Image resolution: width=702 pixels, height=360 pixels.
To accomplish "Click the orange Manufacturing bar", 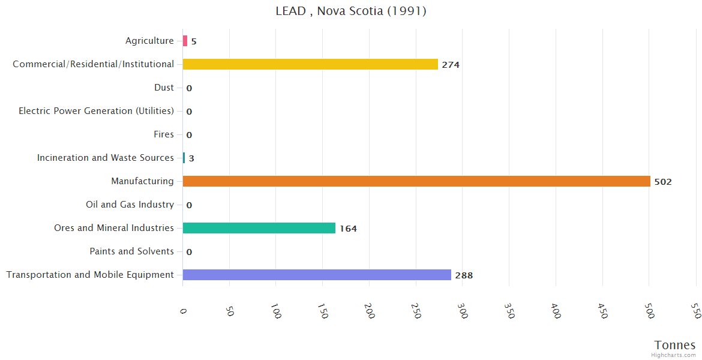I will [x=416, y=181].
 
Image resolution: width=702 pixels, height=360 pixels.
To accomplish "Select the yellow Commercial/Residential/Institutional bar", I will [x=310, y=64].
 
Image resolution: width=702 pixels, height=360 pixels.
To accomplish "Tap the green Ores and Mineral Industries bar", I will [x=259, y=228].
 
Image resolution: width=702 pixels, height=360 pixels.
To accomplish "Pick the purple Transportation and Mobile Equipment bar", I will [x=317, y=275].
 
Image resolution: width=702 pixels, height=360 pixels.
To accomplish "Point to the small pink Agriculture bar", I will [x=185, y=41].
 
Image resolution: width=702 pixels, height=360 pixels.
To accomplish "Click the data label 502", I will [x=663, y=182].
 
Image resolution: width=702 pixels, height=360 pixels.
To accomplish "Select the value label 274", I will [x=451, y=65].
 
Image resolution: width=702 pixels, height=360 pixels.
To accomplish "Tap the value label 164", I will [x=348, y=229].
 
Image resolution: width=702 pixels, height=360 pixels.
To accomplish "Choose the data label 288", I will [x=464, y=275].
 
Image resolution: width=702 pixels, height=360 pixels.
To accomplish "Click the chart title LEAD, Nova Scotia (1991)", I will [x=351, y=11].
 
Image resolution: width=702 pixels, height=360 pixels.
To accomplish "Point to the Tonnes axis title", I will [x=675, y=345].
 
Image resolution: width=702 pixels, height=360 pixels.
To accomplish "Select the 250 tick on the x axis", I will [x=416, y=310].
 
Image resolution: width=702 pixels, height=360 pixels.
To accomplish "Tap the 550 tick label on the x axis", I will [x=695, y=310].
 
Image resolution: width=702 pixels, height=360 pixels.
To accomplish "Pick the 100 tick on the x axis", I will [x=276, y=310].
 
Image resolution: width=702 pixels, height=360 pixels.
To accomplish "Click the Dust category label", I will [x=164, y=88].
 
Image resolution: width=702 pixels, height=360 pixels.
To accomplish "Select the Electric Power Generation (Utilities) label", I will [x=96, y=111].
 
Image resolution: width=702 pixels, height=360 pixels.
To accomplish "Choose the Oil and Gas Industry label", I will [x=130, y=205].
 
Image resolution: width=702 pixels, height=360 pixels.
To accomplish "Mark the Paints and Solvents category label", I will [x=131, y=251].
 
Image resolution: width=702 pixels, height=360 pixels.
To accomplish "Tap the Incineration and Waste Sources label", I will [x=105, y=158].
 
